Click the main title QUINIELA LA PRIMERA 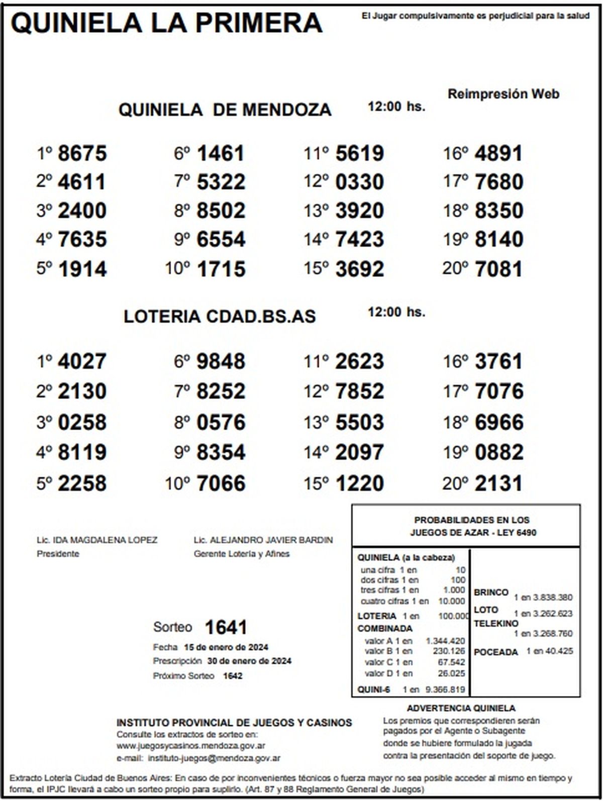point(166,23)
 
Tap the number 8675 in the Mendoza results point(82,153)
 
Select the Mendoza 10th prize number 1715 point(221,269)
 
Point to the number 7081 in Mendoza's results point(498,269)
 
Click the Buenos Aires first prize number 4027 point(82,361)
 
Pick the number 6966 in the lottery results point(498,422)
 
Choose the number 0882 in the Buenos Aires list point(498,452)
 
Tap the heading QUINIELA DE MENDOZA point(225,110)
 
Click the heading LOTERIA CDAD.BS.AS point(220,317)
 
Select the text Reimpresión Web point(503,94)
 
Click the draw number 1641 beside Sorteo point(226,627)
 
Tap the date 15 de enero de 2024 point(226,647)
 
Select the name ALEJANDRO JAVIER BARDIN point(271,540)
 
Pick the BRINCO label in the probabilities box point(491,592)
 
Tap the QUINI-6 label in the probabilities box point(373,690)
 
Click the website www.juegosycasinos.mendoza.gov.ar point(191,746)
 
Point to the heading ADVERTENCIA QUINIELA point(461,709)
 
